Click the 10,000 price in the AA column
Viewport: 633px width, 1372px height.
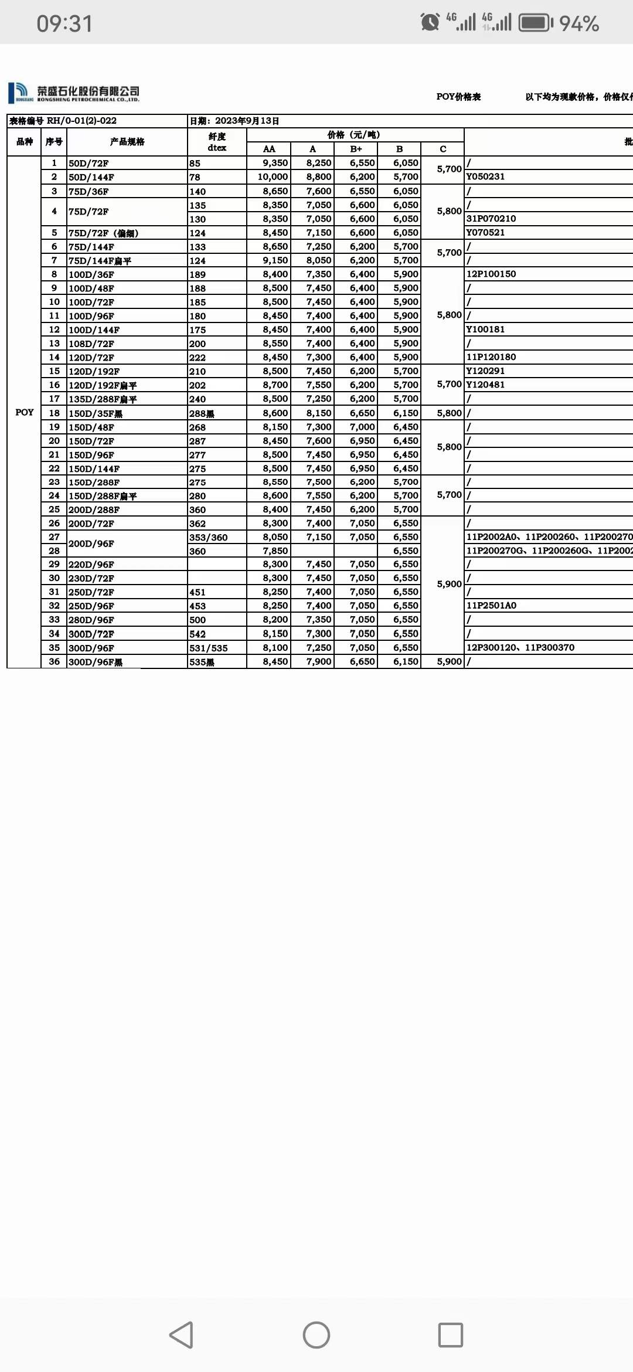pyautogui.click(x=273, y=177)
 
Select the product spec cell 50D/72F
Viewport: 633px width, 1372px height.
pyautogui.click(x=89, y=164)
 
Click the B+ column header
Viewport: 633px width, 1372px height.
pyautogui.click(x=356, y=149)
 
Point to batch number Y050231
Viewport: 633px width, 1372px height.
pyautogui.click(x=485, y=176)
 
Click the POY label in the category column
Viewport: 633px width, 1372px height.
pyautogui.click(x=25, y=412)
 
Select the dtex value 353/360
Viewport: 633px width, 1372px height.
pyautogui.click(x=209, y=538)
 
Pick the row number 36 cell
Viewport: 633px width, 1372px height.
pyautogui.click(x=54, y=661)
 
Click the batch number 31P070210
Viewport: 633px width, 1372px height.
pyautogui.click(x=491, y=219)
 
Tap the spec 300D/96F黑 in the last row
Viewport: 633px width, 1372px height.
pyautogui.click(x=96, y=662)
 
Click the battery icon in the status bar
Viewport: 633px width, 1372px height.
pyautogui.click(x=536, y=23)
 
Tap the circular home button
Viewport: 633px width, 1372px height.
pyautogui.click(x=316, y=1335)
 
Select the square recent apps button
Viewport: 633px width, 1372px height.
pyautogui.click(x=450, y=1335)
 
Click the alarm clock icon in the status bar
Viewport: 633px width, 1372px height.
pyautogui.click(x=430, y=22)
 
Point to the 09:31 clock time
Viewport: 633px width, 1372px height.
pyautogui.click(x=64, y=23)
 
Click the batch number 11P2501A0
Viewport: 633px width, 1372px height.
pyautogui.click(x=491, y=606)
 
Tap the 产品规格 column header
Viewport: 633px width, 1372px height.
pyautogui.click(x=127, y=142)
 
